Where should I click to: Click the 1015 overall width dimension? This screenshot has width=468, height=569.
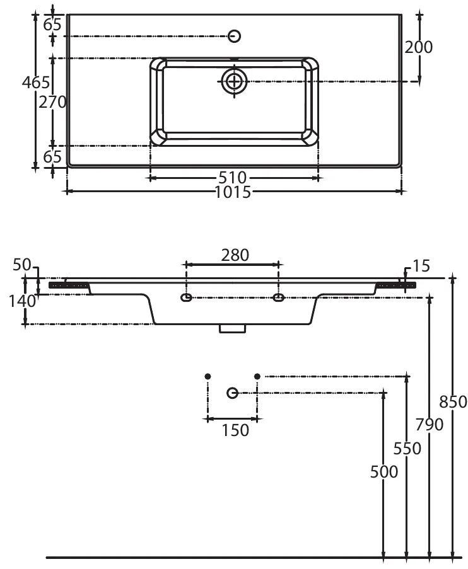click(234, 192)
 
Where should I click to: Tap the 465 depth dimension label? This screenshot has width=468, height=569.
click(35, 82)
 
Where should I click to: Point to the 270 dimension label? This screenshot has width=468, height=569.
click(53, 102)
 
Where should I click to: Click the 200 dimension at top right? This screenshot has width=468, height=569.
click(419, 47)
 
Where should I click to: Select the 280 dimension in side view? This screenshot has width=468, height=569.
click(235, 255)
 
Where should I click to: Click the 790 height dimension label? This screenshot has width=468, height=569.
click(430, 425)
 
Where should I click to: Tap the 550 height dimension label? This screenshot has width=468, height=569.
click(407, 448)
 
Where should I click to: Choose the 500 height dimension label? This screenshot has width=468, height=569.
click(384, 471)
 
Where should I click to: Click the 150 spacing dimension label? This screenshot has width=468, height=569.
click(235, 430)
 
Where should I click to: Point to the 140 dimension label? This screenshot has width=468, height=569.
click(22, 301)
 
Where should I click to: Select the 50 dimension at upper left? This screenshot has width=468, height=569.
click(22, 265)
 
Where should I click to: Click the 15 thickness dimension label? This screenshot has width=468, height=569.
click(421, 267)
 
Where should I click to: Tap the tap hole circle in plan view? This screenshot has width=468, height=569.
click(234, 36)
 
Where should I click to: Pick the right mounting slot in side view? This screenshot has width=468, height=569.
click(278, 297)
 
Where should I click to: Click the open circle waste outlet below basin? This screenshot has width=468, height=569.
click(232, 393)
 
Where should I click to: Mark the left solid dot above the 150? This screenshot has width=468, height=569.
click(208, 376)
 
